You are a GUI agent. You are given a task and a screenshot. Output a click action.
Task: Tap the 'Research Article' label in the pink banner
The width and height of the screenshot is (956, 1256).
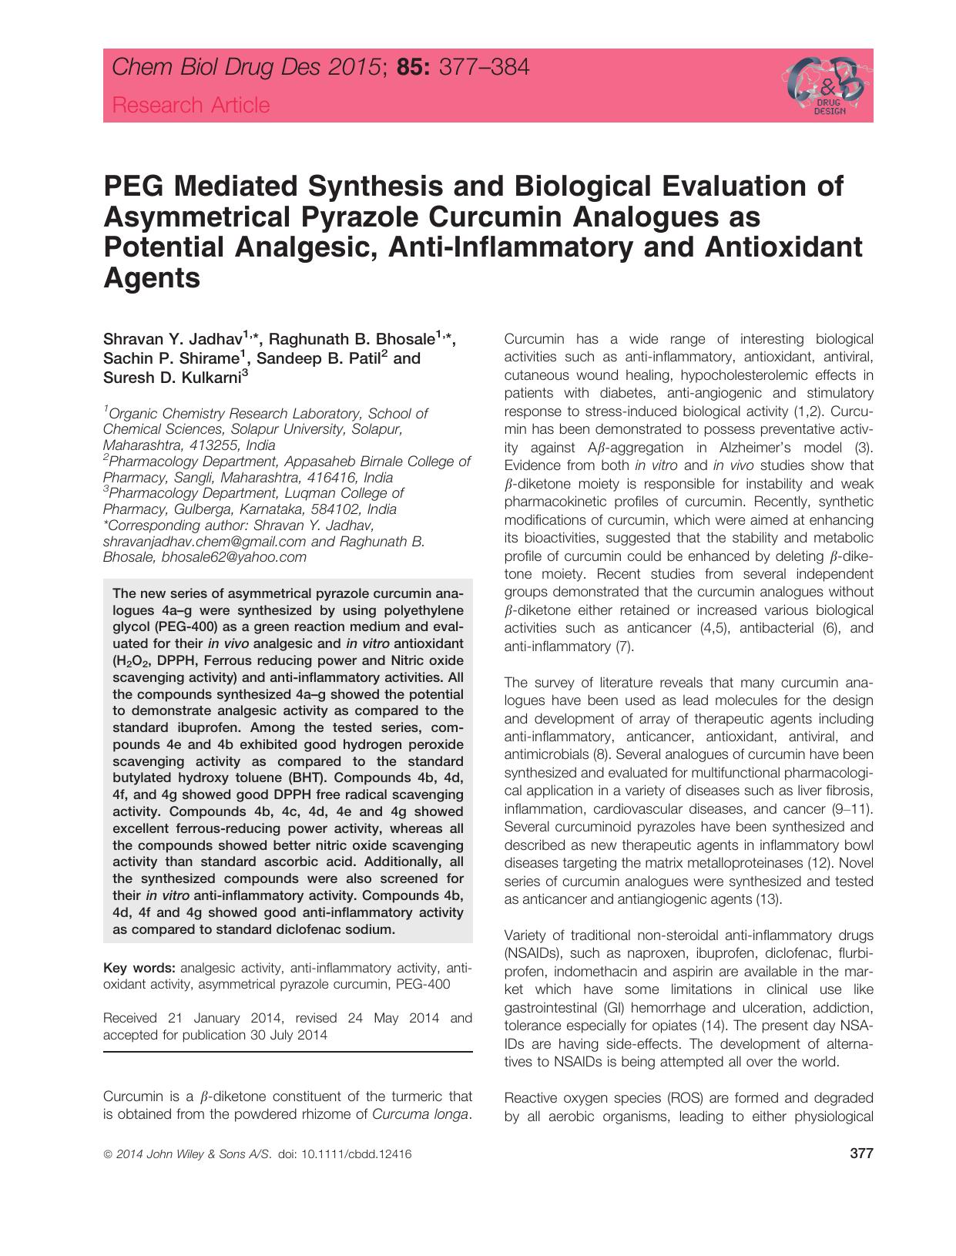click(x=191, y=106)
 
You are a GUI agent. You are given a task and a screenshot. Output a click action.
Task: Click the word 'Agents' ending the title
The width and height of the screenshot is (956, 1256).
click(x=152, y=277)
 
